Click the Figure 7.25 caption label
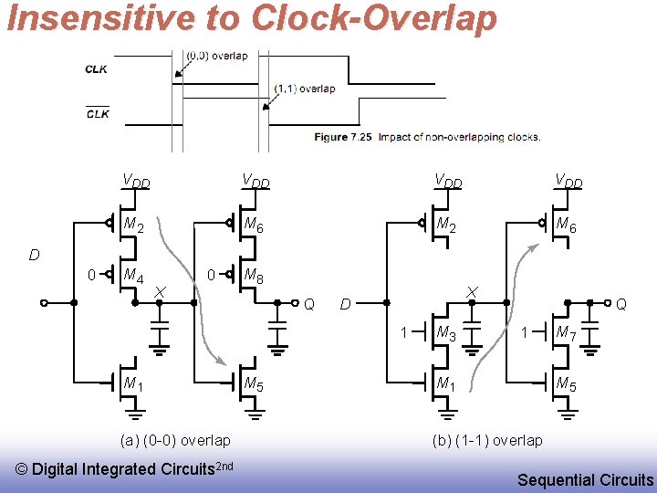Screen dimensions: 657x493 343,137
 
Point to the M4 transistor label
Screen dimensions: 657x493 133,276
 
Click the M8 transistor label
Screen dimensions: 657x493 255,276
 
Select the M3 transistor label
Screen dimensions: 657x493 446,334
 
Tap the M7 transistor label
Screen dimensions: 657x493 567,334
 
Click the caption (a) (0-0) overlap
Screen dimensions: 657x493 175,440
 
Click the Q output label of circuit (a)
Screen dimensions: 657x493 309,304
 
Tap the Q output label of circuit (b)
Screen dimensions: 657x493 621,303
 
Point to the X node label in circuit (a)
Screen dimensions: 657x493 160,290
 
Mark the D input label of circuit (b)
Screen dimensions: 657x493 346,303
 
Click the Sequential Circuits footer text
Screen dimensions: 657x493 585,479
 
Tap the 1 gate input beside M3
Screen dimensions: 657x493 403,332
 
